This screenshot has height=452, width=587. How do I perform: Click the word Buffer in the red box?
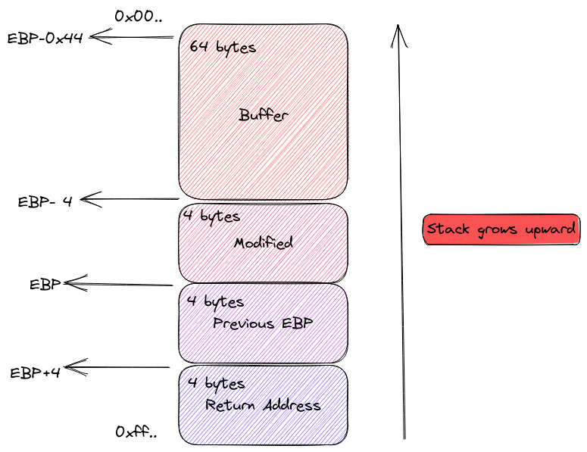[x=264, y=116]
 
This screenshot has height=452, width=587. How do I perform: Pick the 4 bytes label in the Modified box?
[x=214, y=217]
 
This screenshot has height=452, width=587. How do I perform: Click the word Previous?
[x=242, y=323]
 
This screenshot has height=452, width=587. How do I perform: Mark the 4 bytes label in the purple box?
[x=217, y=301]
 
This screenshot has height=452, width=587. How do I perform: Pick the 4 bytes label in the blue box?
[x=217, y=384]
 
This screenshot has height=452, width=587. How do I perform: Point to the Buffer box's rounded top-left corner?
[x=186, y=32]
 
